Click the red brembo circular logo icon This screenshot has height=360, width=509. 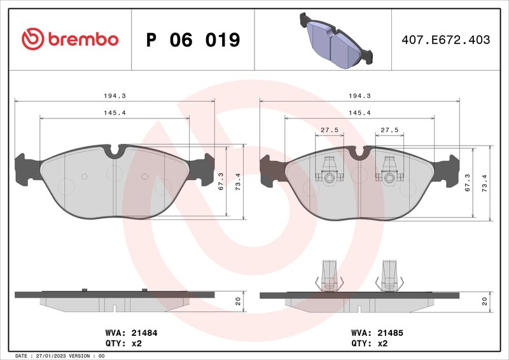[x=31, y=39]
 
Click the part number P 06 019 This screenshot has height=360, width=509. [x=193, y=40]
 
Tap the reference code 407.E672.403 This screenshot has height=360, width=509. [x=446, y=40]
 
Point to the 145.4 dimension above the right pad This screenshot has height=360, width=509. [x=360, y=113]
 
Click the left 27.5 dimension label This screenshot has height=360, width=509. [x=329, y=130]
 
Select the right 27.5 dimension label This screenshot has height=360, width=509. [x=389, y=130]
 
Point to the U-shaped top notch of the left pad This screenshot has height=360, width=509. [x=115, y=152]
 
